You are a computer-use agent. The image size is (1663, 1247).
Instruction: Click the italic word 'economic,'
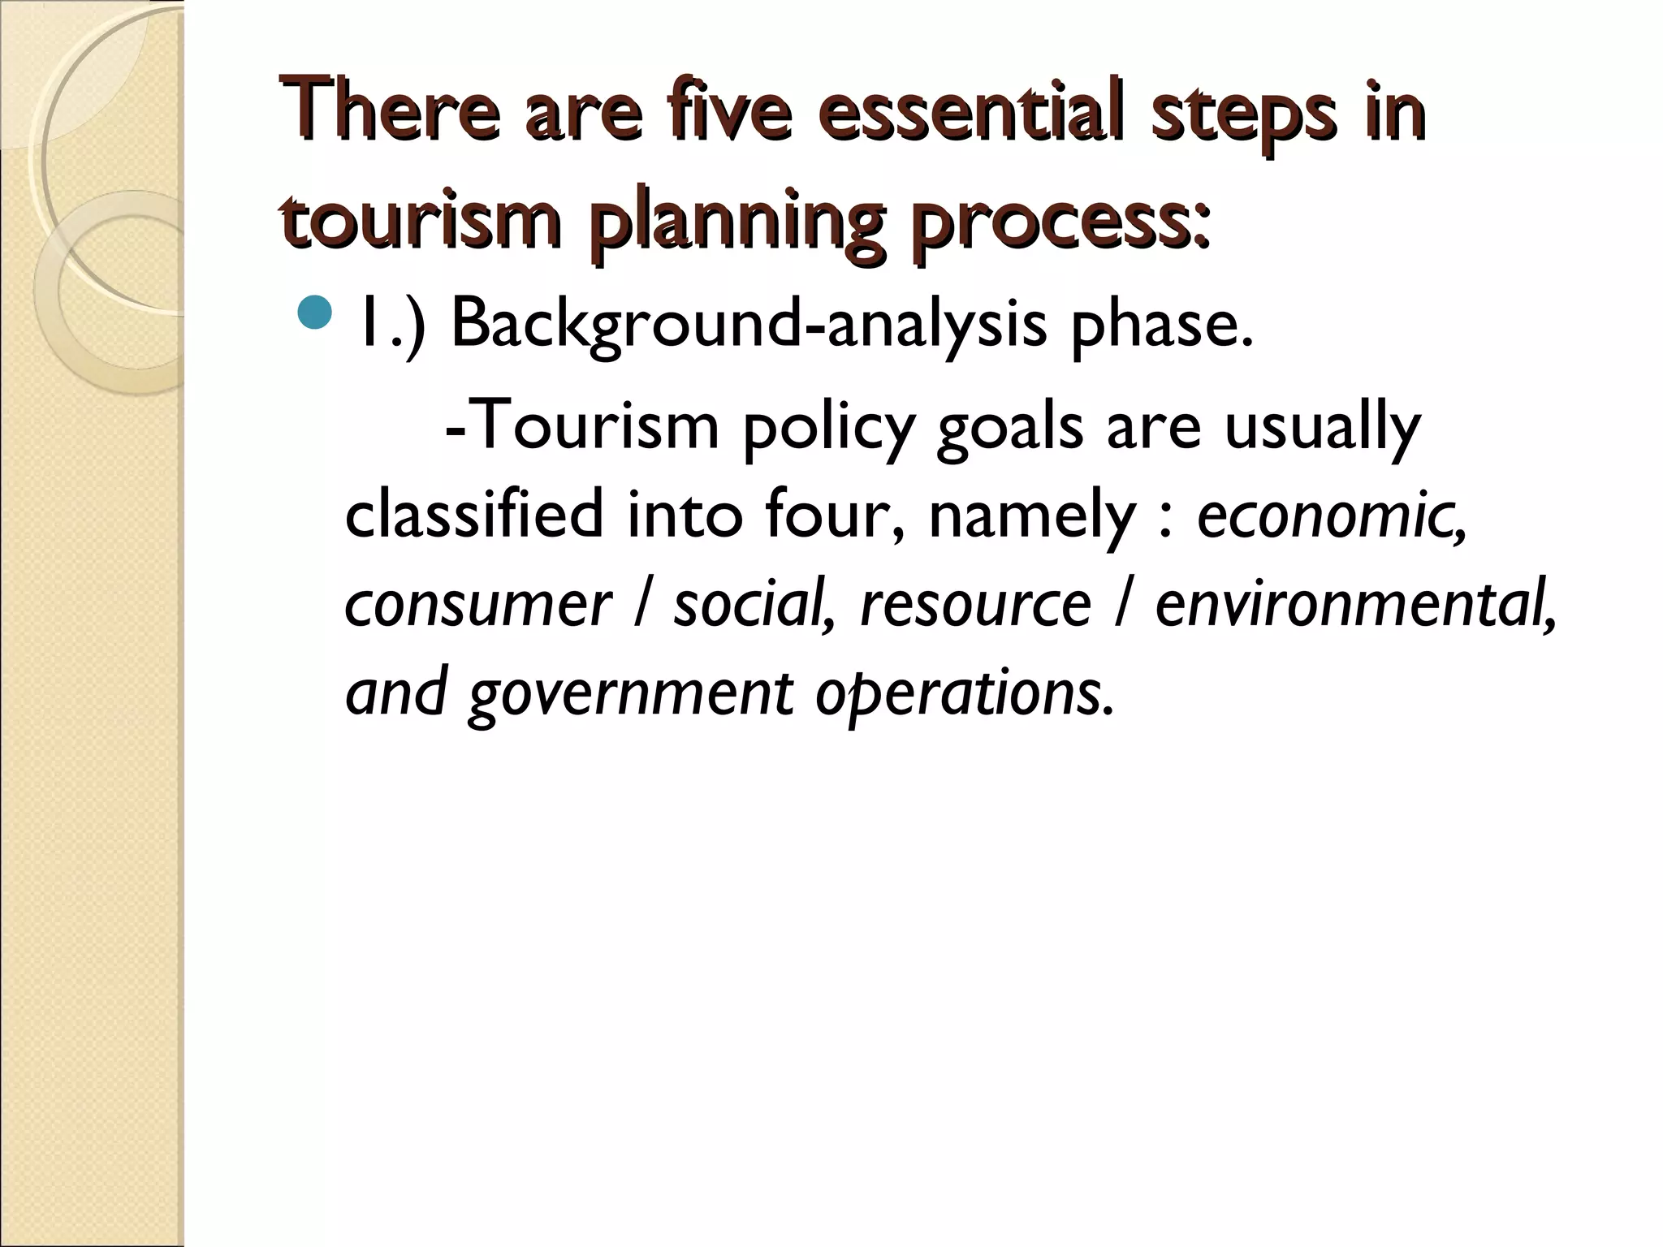pos(1332,516)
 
